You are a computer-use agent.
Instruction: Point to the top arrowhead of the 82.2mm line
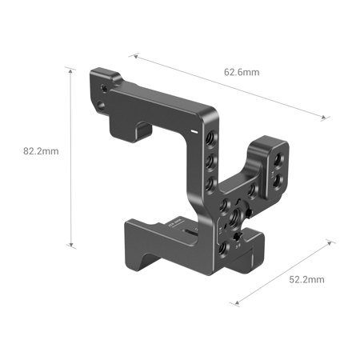tap(73, 70)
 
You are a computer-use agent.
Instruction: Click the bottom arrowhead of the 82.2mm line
tap(73, 246)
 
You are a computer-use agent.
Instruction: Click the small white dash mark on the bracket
tap(193, 128)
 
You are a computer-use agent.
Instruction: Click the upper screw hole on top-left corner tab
tap(104, 83)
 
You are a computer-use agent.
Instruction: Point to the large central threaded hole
tap(233, 216)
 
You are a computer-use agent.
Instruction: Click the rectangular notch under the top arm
tap(146, 129)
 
